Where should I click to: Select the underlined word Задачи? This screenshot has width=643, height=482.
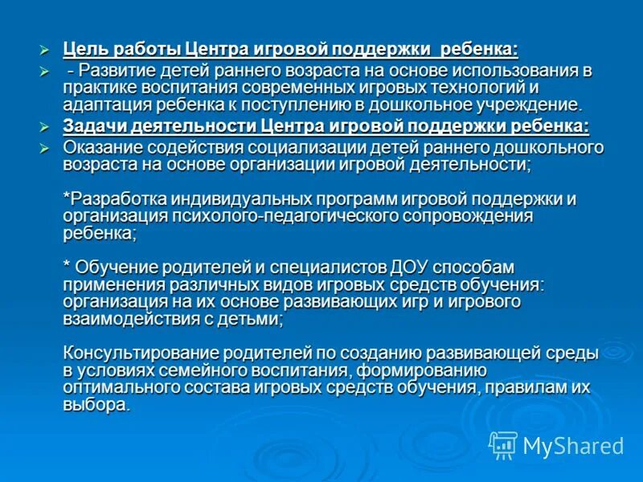[x=92, y=126]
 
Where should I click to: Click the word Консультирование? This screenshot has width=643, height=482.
[x=140, y=353]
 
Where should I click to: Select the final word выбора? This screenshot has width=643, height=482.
[x=95, y=404]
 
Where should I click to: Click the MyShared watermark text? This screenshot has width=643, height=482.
[x=573, y=446]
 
